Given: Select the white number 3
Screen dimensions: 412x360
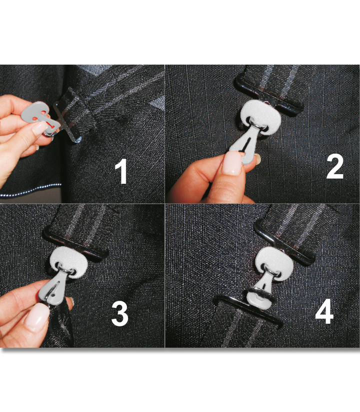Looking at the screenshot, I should (119, 313).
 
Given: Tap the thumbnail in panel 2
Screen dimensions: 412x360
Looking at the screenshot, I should (231, 164).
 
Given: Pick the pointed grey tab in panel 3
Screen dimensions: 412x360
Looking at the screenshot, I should (52, 291).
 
